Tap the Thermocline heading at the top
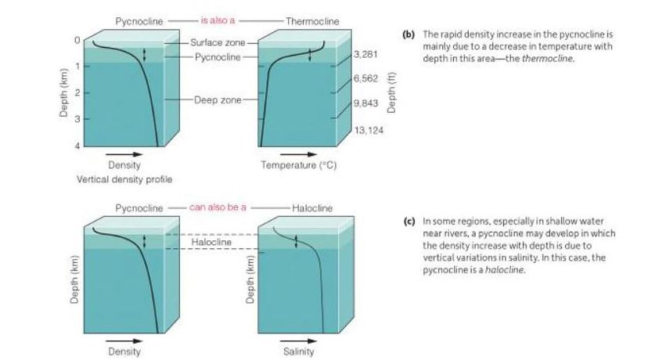[312, 19]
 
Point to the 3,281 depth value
[367, 55]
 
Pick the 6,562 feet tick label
[367, 79]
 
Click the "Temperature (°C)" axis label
[298, 165]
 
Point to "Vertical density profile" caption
[125, 179]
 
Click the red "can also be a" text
[218, 207]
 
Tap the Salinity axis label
[298, 352]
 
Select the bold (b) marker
[408, 35]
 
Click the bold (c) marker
[408, 221]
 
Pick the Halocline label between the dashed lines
[213, 242]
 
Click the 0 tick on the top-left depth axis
[77, 39]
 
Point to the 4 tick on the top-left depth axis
[77, 146]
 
